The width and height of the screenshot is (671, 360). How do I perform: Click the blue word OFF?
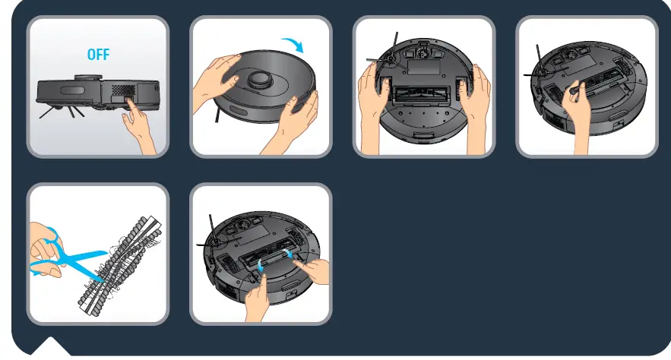point(98,55)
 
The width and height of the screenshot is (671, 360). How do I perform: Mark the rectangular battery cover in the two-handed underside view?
point(423,65)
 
